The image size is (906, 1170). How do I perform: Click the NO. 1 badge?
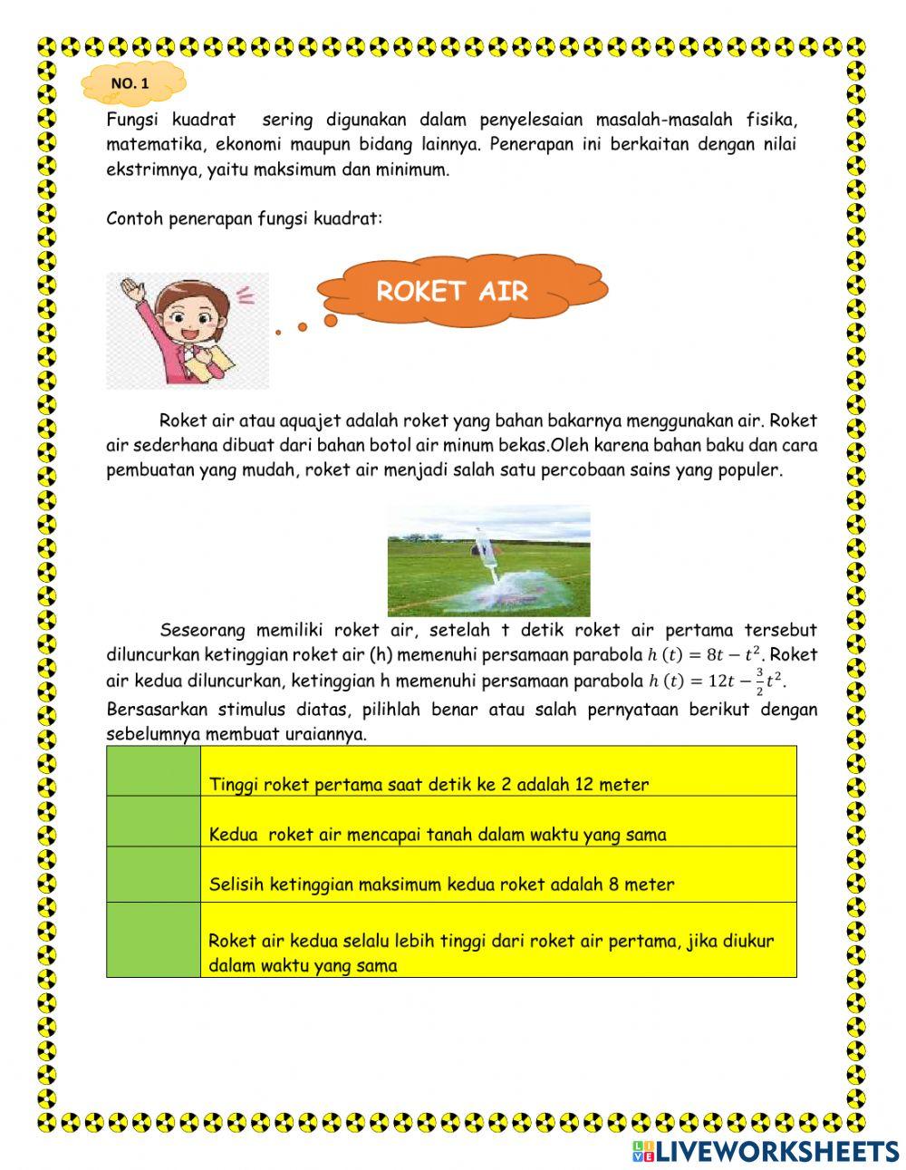coord(132,83)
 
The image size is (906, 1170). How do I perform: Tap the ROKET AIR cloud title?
coord(451,291)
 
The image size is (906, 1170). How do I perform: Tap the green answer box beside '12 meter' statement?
coord(153,771)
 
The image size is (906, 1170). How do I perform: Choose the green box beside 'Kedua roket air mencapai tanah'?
coord(153,822)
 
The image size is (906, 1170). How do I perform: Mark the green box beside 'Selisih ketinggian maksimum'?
coord(153,875)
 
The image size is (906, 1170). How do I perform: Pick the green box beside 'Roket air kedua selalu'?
coord(153,940)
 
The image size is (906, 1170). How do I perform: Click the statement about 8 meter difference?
coord(441,885)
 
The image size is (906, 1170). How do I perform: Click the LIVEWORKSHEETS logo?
coord(766,1151)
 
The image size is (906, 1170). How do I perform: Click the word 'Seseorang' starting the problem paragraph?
coord(203,630)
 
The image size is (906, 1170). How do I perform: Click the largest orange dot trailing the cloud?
coord(331,320)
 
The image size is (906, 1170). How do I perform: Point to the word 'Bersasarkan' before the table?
coord(150,710)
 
